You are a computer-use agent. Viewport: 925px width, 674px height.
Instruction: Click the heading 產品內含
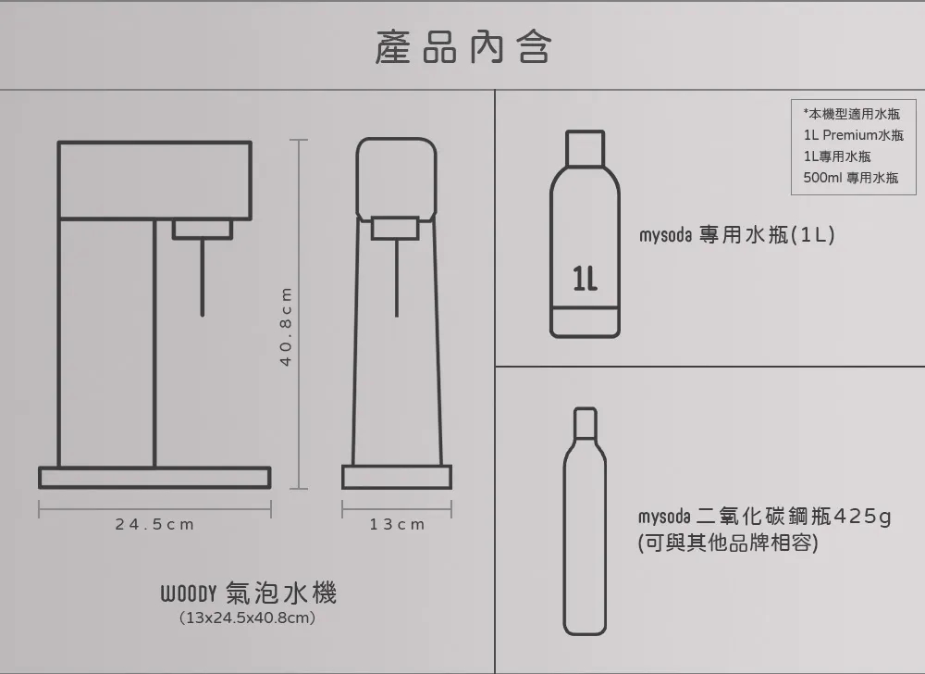tap(463, 47)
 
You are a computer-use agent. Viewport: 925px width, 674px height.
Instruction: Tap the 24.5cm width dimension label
tap(154, 524)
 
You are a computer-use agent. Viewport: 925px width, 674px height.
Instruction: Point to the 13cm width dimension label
tap(397, 524)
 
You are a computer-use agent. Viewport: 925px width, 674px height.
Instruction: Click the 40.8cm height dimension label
tap(286, 327)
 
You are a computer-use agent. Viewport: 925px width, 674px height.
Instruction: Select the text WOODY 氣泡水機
tap(248, 593)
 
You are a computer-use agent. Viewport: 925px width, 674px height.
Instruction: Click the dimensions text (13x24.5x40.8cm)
tap(247, 618)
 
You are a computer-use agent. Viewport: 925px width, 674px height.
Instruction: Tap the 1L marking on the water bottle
tap(585, 279)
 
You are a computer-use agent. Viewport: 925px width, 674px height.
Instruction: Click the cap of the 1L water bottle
tap(586, 148)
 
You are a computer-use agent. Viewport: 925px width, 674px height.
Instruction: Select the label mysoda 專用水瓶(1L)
tap(737, 235)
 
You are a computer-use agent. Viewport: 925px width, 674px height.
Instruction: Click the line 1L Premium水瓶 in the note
tap(853, 135)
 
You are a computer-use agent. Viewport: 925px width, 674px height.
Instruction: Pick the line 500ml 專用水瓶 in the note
tap(851, 178)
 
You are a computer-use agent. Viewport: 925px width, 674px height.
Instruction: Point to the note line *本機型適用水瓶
tap(851, 114)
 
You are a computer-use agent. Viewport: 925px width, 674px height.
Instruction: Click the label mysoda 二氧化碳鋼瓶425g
tap(765, 517)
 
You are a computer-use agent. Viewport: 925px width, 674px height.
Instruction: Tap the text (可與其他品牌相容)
tap(728, 543)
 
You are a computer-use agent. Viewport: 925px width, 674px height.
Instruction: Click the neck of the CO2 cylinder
tap(586, 423)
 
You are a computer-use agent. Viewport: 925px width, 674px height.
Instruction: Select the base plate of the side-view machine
tap(154, 478)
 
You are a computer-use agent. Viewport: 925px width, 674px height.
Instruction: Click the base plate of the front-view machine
tap(397, 477)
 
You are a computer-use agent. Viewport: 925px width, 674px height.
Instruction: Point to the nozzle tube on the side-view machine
tap(203, 278)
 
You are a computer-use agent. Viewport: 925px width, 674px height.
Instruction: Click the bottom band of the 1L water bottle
tap(585, 321)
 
